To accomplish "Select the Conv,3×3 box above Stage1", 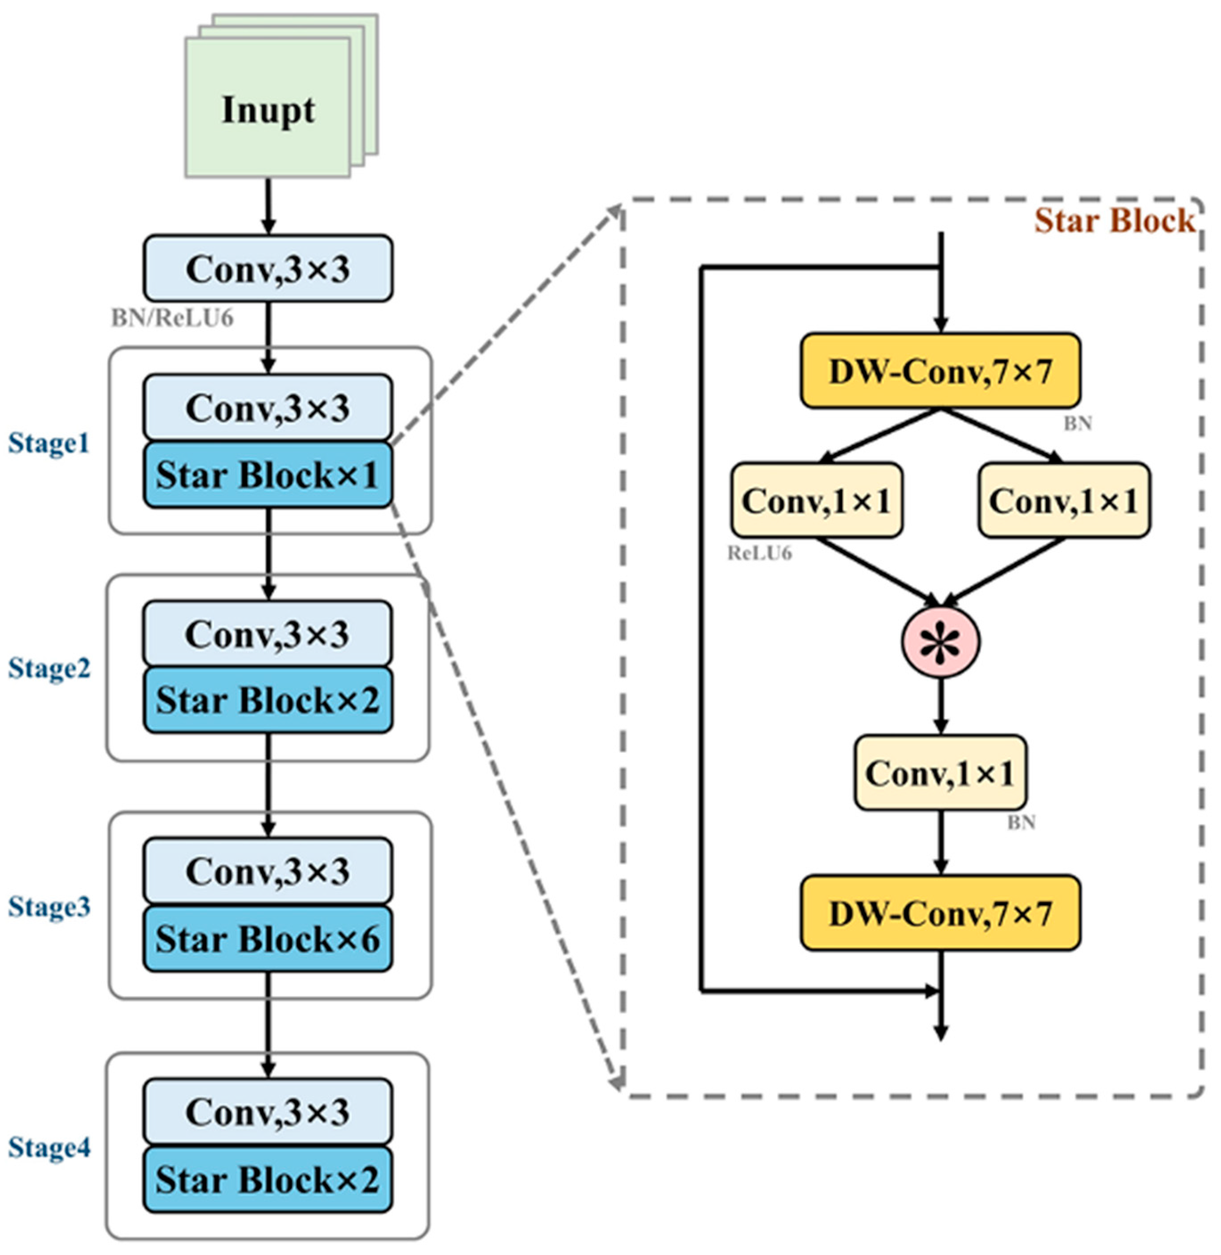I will tap(268, 268).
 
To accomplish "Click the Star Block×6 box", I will tap(268, 939).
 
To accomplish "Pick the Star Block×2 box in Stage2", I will tap(268, 700).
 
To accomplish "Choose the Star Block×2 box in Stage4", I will tap(268, 1179).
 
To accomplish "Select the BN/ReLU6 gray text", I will tap(172, 318).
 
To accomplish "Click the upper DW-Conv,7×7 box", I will tap(940, 371).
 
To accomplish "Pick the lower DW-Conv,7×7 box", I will tap(940, 913).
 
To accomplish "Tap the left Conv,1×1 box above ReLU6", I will tap(816, 500).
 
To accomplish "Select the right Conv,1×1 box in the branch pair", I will tap(1063, 500).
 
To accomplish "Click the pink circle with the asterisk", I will tap(941, 642).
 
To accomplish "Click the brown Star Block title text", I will tap(1115, 221).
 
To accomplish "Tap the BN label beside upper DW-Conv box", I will tap(1077, 424).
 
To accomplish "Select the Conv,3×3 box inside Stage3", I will tap(268, 871).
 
